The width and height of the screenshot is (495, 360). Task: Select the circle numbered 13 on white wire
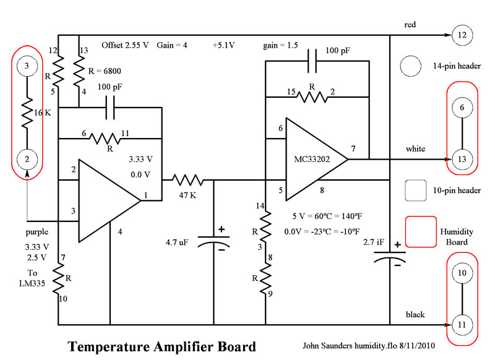coord(463,159)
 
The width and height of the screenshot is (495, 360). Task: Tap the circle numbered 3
coord(27,66)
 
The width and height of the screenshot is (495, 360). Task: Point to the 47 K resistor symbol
coord(188,180)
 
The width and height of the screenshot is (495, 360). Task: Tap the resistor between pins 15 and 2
coord(312,96)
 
